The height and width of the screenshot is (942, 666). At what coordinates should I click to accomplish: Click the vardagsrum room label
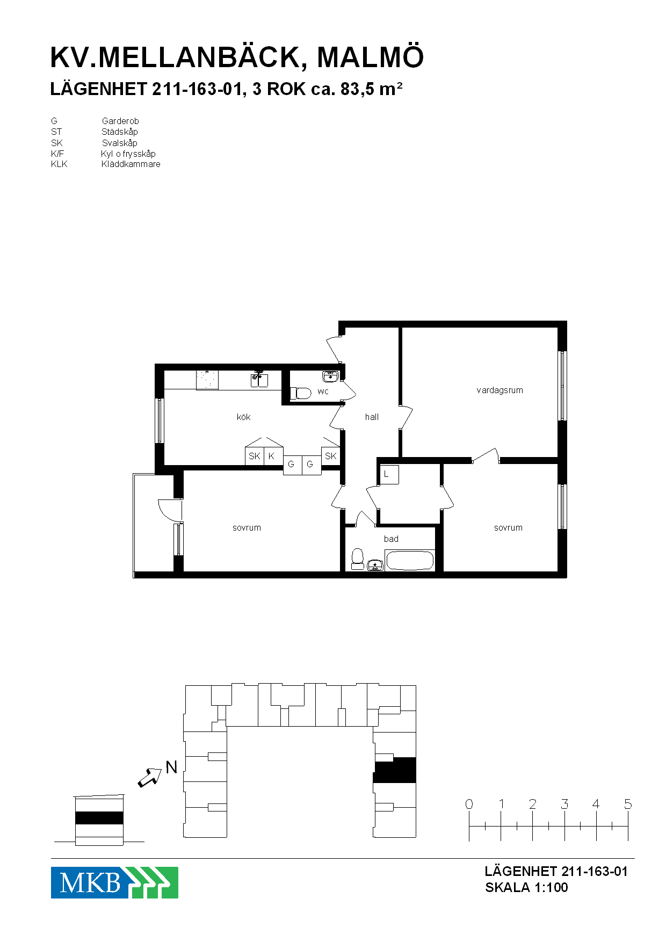[x=499, y=390]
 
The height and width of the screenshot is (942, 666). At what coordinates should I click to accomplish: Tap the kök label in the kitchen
[x=243, y=417]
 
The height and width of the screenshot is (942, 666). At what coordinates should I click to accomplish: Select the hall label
[x=372, y=417]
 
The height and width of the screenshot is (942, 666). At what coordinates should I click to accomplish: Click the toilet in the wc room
[x=301, y=394]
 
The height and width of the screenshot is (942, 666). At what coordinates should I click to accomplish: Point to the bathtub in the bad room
[x=410, y=561]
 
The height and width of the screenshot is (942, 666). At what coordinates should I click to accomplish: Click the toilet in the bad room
[x=357, y=559]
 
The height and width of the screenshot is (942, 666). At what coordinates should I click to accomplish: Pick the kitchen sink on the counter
[x=259, y=379]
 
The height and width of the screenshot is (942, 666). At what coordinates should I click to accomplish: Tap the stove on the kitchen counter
[x=207, y=380]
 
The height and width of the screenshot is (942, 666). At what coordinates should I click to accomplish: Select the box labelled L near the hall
[x=389, y=474]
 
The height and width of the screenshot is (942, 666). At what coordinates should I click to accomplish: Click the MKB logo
[x=114, y=882]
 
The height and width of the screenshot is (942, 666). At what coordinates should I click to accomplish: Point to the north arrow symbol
[x=150, y=777]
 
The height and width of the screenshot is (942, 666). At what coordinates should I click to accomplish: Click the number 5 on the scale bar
[x=628, y=804]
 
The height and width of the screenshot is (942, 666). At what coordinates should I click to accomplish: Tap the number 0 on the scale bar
[x=469, y=804]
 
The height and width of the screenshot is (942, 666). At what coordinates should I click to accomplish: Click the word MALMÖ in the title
[x=371, y=57]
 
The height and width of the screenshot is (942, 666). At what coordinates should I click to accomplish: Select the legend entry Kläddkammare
[x=131, y=164]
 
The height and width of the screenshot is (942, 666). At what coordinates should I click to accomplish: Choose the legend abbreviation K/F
[x=57, y=154]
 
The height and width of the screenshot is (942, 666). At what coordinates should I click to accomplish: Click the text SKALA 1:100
[x=526, y=887]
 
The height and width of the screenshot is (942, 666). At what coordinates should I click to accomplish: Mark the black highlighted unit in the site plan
[x=395, y=770]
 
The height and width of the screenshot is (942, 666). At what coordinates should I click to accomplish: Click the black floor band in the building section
[x=99, y=818]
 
